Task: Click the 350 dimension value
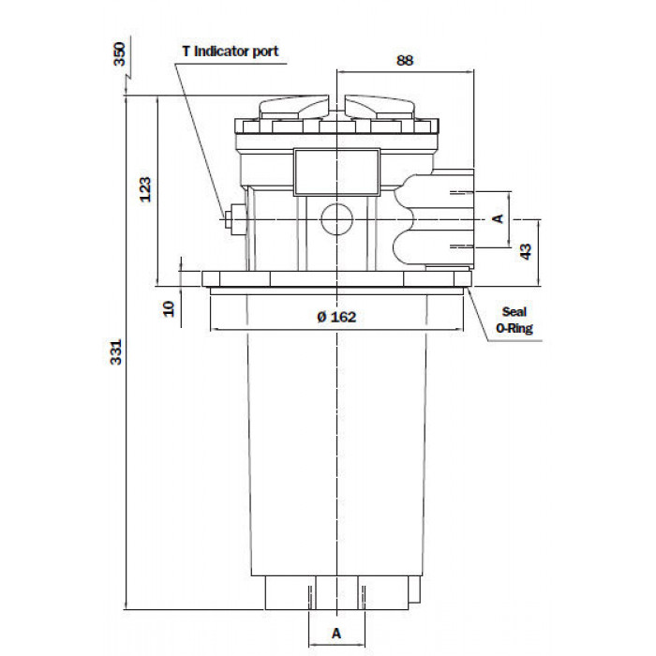pos(120,54)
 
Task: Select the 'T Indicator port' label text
pos(231,52)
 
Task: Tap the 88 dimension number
pos(405,61)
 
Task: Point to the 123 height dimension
pos(144,189)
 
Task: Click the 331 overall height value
pos(116,351)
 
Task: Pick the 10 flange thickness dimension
pos(168,308)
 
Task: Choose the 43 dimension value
pos(526,251)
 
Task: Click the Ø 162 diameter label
pos(336,317)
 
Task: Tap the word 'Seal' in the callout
pos(514,312)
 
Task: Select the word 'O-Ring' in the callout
pos(514,328)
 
